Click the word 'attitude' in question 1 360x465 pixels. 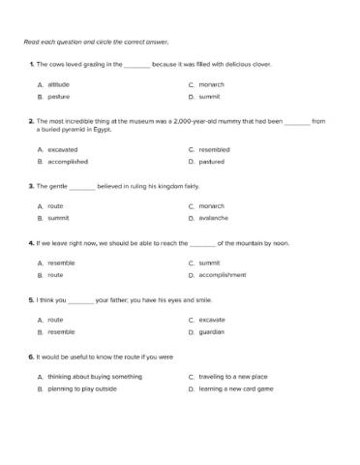(x=59, y=84)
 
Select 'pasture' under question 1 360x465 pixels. (x=59, y=97)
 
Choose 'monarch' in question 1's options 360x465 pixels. (x=211, y=84)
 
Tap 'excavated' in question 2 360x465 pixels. (x=63, y=149)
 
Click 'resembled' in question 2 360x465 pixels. (x=214, y=149)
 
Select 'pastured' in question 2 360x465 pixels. (x=212, y=162)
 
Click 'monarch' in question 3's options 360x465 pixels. (x=211, y=205)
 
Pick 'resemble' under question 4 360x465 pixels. (x=61, y=263)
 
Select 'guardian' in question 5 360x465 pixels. (x=211, y=331)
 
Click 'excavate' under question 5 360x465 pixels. (x=212, y=319)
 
